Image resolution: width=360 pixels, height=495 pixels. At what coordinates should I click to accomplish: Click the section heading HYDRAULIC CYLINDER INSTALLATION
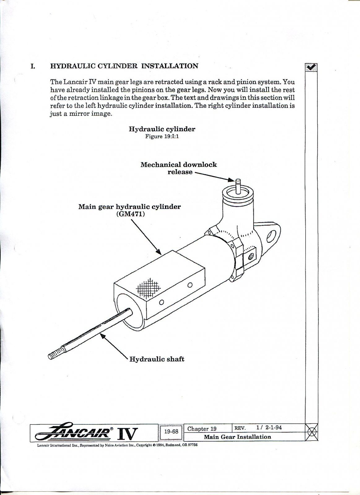click(124, 66)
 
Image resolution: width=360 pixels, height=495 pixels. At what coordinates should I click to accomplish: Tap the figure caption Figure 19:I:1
click(162, 136)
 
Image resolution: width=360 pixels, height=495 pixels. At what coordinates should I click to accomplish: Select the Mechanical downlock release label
click(179, 168)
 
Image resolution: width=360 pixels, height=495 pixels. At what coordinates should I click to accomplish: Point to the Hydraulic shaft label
click(157, 359)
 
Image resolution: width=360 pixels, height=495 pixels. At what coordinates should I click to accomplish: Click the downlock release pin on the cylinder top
click(238, 185)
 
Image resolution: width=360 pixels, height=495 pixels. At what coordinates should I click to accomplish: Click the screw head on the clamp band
click(251, 256)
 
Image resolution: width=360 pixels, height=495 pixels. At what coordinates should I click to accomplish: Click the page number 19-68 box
click(171, 432)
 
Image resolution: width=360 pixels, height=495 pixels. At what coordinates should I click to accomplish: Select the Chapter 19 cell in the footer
click(202, 429)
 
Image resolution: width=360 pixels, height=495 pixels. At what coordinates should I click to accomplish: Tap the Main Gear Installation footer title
click(237, 437)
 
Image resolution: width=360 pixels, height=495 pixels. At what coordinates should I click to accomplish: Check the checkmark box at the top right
click(311, 67)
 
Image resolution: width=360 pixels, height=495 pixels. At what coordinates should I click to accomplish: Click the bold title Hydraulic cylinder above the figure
click(162, 129)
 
